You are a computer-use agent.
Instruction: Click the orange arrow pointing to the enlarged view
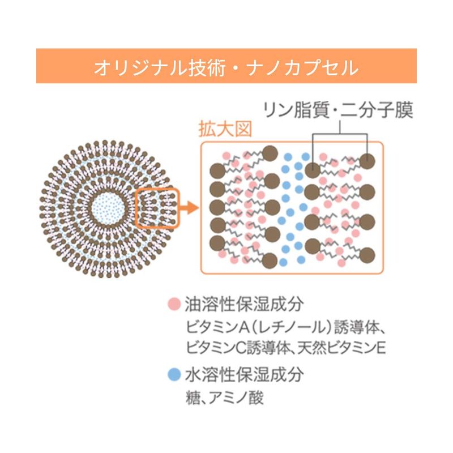[x=189, y=207]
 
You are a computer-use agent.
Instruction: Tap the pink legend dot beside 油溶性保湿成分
[x=174, y=304]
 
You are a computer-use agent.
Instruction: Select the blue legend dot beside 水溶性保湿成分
[x=174, y=374]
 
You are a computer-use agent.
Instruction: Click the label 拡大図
[x=225, y=129]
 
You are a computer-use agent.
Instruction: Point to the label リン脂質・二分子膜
[x=338, y=110]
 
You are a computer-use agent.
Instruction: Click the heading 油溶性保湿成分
[x=245, y=304]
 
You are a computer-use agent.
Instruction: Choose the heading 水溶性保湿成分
[x=245, y=374]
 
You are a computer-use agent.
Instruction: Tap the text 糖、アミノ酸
[x=225, y=398]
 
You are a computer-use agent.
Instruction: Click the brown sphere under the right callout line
[x=367, y=161]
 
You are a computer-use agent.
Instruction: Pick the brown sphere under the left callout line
[x=313, y=170]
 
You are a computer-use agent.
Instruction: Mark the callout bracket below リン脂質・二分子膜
[x=340, y=134]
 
